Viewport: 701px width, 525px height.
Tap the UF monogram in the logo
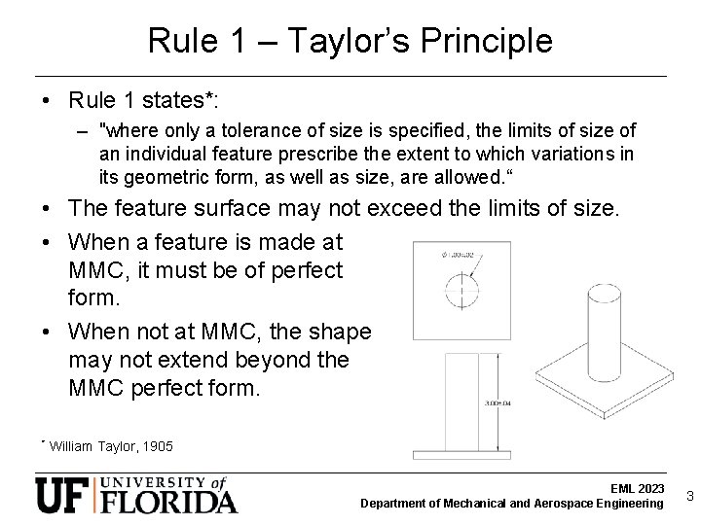(65, 496)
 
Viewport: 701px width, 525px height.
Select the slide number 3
(689, 496)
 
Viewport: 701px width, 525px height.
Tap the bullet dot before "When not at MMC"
(48, 333)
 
